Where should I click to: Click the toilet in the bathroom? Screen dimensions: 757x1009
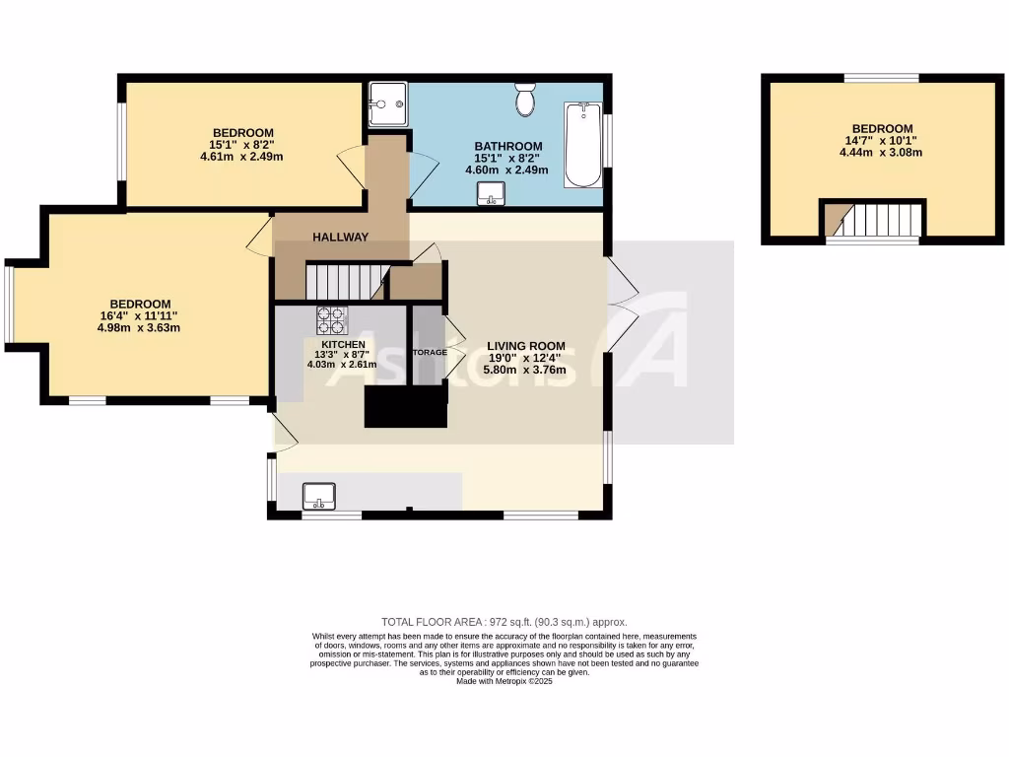click(x=525, y=99)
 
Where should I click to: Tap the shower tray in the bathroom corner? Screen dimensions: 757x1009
click(x=387, y=103)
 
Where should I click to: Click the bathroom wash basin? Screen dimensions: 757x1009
click(x=491, y=198)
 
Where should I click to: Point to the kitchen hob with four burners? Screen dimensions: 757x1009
click(x=330, y=320)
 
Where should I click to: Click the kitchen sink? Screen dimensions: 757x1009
click(x=318, y=496)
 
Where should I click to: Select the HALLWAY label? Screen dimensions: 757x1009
click(x=341, y=238)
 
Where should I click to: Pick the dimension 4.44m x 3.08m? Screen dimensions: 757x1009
click(x=882, y=153)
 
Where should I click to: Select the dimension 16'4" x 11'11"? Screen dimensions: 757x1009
click(x=139, y=316)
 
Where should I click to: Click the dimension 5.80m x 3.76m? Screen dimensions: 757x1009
click(x=526, y=371)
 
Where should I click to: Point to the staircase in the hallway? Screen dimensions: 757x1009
click(x=343, y=280)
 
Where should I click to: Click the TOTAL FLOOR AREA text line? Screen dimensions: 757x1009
click(x=504, y=622)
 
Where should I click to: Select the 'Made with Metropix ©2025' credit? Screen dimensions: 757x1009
click(x=504, y=681)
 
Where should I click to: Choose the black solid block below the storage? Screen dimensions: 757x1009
click(x=405, y=405)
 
